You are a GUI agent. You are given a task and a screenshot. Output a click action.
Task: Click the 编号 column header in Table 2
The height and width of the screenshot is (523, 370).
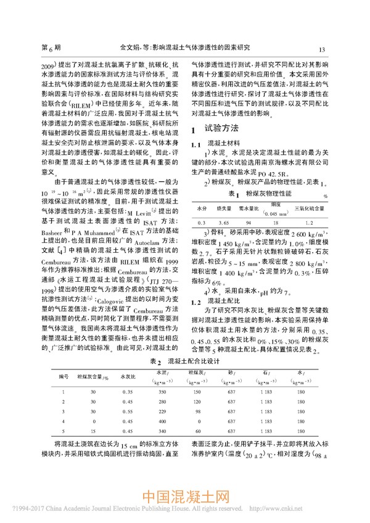pyautogui.click(x=62, y=393)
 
